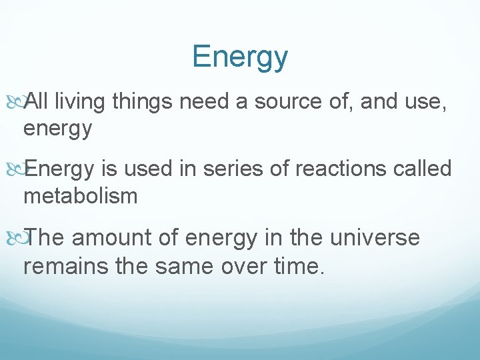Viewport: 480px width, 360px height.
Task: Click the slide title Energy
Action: pyautogui.click(x=240, y=57)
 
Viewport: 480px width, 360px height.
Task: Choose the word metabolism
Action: pyautogui.click(x=80, y=196)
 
